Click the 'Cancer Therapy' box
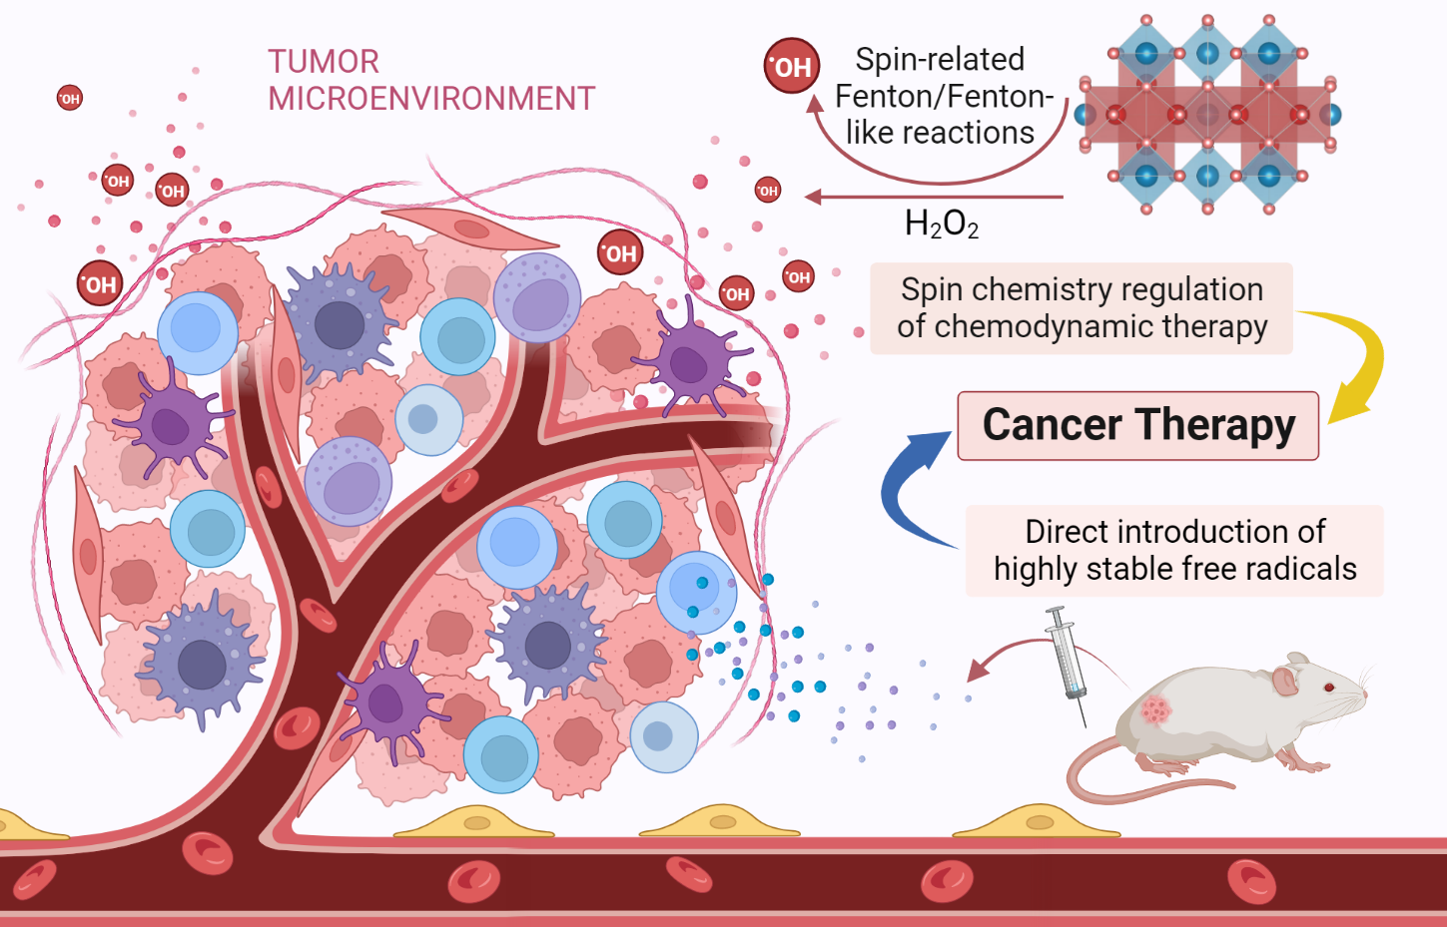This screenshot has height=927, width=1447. click(1137, 426)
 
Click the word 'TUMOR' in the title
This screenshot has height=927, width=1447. click(324, 62)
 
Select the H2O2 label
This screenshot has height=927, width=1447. click(941, 225)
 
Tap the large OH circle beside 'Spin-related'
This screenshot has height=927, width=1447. click(792, 66)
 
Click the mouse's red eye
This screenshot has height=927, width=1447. click(1329, 688)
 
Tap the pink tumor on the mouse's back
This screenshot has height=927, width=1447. click(1156, 709)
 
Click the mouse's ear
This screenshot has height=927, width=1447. click(1284, 680)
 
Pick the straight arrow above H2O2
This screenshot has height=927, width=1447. click(934, 198)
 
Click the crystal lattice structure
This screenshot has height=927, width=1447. click(1207, 114)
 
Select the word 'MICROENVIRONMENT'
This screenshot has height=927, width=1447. click(431, 99)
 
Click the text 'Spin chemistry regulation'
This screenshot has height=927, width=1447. click(1082, 289)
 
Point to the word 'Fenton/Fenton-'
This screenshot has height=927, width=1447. click(944, 96)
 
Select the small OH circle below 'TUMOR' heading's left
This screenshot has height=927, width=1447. click(70, 98)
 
